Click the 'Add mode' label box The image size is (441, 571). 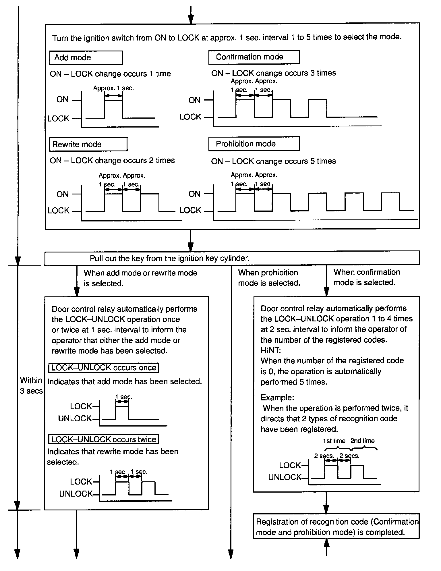pyautogui.click(x=86, y=58)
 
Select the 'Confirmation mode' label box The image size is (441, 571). pyautogui.click(x=254, y=57)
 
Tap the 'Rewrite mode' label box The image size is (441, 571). pyautogui.click(x=88, y=144)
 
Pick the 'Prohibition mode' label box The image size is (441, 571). pyautogui.click(x=254, y=144)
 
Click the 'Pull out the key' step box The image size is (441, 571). pyautogui.click(x=232, y=258)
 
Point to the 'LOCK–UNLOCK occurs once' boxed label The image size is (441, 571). pyautogui.click(x=104, y=368)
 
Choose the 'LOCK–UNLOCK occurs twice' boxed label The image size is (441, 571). pyautogui.click(x=104, y=439)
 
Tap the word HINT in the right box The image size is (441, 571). pyautogui.click(x=270, y=350)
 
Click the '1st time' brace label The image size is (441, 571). pyautogui.click(x=334, y=441)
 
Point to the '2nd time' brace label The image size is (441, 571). pyautogui.click(x=362, y=441)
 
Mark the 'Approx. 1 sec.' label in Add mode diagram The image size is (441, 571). pyautogui.click(x=113, y=88)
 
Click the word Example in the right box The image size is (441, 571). pyautogui.click(x=277, y=398)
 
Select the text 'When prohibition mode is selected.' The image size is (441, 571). pyautogui.click(x=269, y=278)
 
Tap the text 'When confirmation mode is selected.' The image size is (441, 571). pyautogui.click(x=367, y=277)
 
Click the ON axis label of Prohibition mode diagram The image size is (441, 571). pyautogui.click(x=194, y=194)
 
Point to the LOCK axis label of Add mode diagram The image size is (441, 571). pyautogui.click(x=59, y=119)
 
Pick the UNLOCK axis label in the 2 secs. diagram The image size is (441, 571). pyautogui.click(x=285, y=477)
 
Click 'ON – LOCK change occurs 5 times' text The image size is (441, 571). pyautogui.click(x=273, y=161)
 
